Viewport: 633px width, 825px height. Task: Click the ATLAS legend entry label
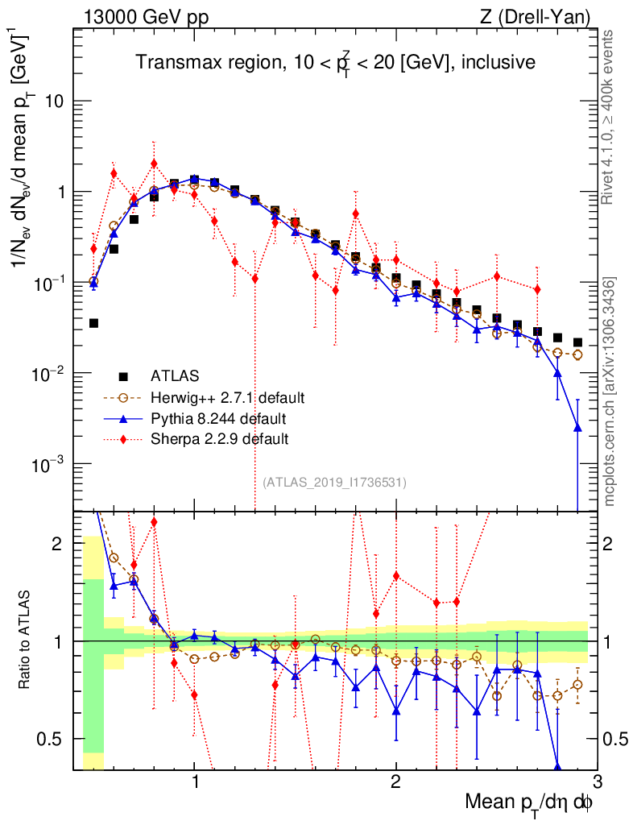pyautogui.click(x=174, y=375)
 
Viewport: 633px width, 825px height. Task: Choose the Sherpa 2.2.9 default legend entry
pyautogui.click(x=220, y=439)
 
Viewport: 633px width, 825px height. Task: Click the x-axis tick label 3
pyautogui.click(x=597, y=781)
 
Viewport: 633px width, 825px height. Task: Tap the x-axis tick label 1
pyautogui.click(x=194, y=781)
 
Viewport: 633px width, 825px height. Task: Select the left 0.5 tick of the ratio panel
pyautogui.click(x=56, y=739)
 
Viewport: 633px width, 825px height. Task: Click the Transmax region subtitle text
pyautogui.click(x=334, y=63)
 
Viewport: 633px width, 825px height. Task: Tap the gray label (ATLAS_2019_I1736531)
pyautogui.click(x=334, y=483)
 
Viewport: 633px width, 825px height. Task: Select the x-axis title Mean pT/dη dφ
pyautogui.click(x=529, y=803)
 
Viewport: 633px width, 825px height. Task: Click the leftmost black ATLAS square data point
pyautogui.click(x=93, y=323)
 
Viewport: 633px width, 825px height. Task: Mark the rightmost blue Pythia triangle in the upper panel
pyautogui.click(x=577, y=428)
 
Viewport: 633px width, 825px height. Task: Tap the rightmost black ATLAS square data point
pyautogui.click(x=577, y=342)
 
